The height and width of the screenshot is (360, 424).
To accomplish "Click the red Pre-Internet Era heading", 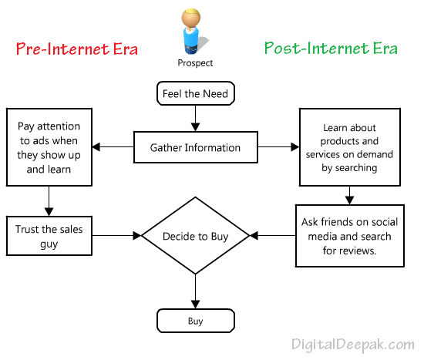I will [x=77, y=49].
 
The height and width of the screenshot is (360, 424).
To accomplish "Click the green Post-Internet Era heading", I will [x=331, y=49].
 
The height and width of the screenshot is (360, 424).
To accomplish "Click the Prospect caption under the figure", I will [x=194, y=63].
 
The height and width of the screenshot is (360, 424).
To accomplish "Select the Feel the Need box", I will [x=195, y=93].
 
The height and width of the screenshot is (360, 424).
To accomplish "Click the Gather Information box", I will [x=195, y=147].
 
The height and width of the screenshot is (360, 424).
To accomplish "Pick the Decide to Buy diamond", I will [x=195, y=237].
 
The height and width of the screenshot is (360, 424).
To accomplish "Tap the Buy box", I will [x=195, y=320].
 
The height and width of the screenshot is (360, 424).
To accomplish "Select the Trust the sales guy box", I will [x=49, y=237].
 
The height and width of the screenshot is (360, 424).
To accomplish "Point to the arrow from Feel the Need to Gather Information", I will [x=195, y=118].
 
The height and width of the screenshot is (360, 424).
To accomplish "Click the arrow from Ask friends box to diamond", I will [x=273, y=236].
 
